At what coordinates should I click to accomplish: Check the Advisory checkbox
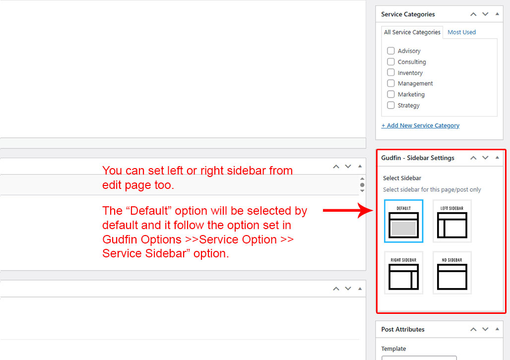click(390, 51)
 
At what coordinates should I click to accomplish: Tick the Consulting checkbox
click(390, 62)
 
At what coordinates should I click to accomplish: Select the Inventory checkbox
click(390, 72)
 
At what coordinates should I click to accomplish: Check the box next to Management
click(390, 83)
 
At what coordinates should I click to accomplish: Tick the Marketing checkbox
click(390, 94)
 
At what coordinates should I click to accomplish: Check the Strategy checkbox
click(390, 105)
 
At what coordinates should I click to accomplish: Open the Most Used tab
click(461, 32)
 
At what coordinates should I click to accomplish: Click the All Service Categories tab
click(412, 32)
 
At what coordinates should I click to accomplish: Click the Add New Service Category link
click(420, 125)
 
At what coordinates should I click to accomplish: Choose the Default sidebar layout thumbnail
click(404, 221)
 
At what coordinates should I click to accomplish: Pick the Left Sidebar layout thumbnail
click(452, 221)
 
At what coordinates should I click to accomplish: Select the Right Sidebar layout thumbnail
click(404, 273)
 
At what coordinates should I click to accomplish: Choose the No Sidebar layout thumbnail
click(452, 273)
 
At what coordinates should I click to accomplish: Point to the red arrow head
click(373, 210)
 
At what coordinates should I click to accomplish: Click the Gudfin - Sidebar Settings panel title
click(418, 158)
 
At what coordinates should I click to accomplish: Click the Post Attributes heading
click(403, 329)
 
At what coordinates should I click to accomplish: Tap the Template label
click(393, 349)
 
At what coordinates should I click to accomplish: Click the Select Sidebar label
click(402, 178)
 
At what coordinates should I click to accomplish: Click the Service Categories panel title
click(408, 14)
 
